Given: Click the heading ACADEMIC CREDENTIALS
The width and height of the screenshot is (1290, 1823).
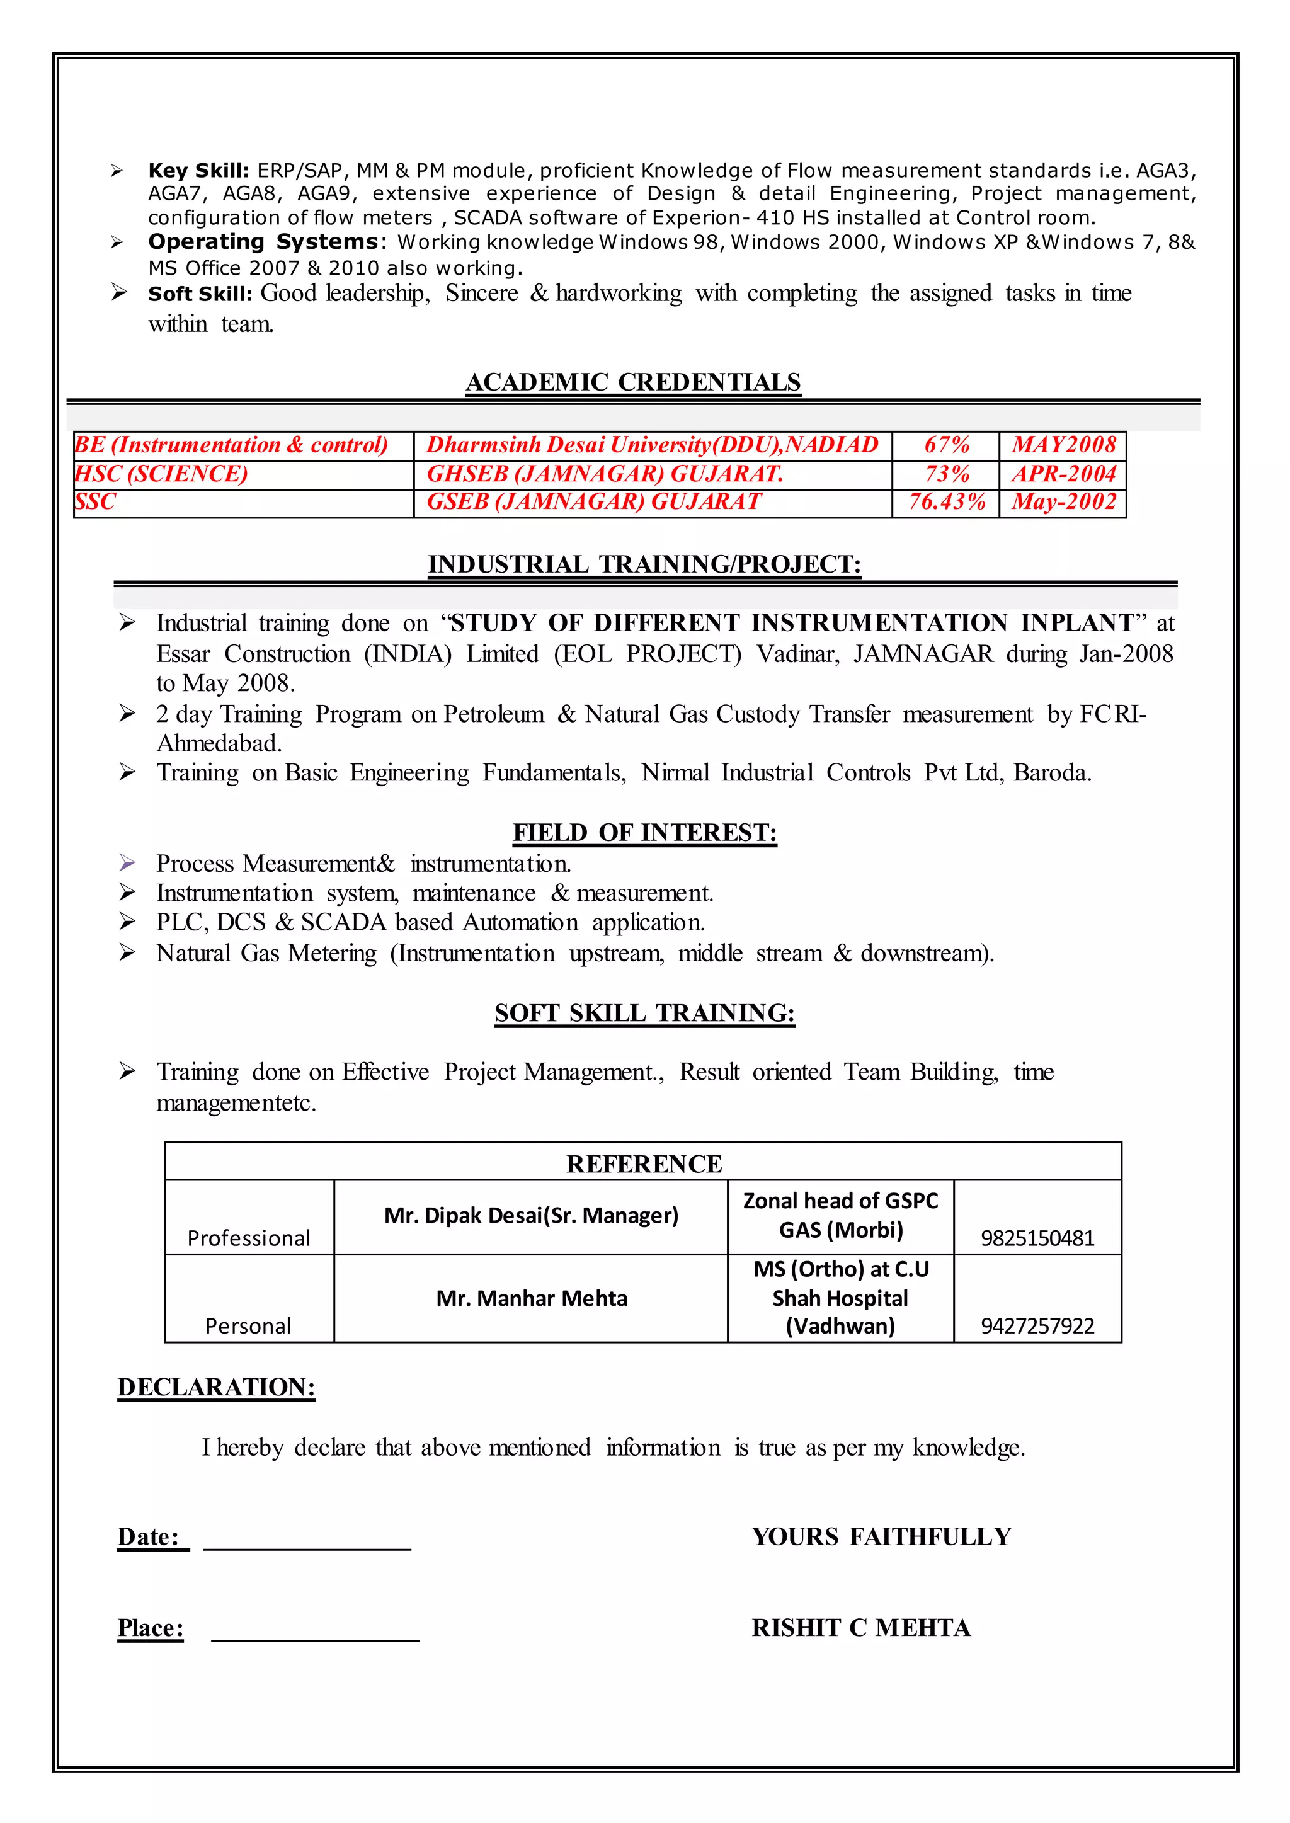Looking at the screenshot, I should pos(633,382).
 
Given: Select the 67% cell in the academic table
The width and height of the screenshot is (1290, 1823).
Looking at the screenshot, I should pos(946,445).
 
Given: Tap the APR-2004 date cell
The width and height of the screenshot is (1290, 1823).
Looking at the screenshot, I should pos(1064,474).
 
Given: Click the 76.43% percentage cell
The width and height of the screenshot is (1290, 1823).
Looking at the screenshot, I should pos(946,502).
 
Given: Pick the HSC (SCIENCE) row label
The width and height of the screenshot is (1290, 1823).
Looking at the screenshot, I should pos(161,474).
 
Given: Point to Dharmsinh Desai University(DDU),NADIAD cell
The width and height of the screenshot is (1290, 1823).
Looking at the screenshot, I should pos(652,445).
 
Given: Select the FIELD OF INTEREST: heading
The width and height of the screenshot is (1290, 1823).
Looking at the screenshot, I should pos(644,833).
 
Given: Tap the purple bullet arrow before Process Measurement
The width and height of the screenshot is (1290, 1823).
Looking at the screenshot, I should pos(127,862).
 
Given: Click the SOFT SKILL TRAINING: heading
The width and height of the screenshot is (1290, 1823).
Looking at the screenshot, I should pos(644,1013).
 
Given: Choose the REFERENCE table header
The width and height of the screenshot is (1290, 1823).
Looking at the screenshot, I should pos(643,1163).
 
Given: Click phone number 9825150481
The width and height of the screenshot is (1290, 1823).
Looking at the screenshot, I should pos(1037,1238).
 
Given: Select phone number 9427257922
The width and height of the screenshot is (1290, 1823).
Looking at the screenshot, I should pos(1037,1326).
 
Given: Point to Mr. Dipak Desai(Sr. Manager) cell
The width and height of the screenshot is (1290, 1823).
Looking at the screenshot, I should pos(532,1215).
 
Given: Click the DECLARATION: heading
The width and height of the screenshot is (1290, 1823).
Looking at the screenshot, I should pos(216,1387).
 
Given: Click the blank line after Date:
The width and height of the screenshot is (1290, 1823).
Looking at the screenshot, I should pos(307,1547).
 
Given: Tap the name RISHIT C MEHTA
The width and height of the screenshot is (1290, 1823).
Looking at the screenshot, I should pos(861,1628).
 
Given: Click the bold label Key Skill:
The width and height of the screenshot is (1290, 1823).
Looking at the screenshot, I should pos(198,171).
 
